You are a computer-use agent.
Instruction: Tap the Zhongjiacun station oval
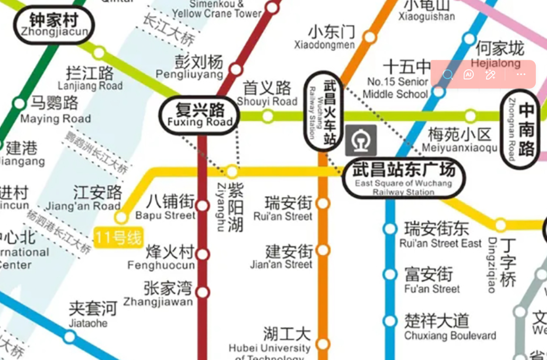tap(54, 25)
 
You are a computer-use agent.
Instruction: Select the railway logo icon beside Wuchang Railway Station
tap(361, 141)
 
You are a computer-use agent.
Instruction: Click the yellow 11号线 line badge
tap(118, 238)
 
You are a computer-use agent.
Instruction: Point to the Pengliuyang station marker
tap(236, 69)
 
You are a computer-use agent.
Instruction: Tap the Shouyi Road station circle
tap(268, 116)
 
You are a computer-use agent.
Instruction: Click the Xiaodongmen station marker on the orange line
tap(369, 38)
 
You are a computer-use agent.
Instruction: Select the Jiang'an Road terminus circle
tap(121, 217)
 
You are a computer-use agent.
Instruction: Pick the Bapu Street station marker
tap(202, 206)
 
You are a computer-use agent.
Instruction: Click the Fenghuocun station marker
tap(202, 254)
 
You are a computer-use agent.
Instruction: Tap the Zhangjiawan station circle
tap(202, 292)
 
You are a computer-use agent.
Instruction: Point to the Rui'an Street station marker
tap(323, 203)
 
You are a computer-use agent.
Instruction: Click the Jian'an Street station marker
tap(323, 250)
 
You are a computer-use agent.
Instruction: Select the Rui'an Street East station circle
tap(390, 229)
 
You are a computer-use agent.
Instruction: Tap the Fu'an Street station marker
tap(390, 275)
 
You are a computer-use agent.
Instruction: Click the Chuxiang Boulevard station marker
tap(390, 321)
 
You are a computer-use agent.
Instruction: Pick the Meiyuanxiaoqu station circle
tap(470, 116)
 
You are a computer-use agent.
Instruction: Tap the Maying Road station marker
tap(20, 103)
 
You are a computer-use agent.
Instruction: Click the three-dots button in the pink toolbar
tap(520, 74)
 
